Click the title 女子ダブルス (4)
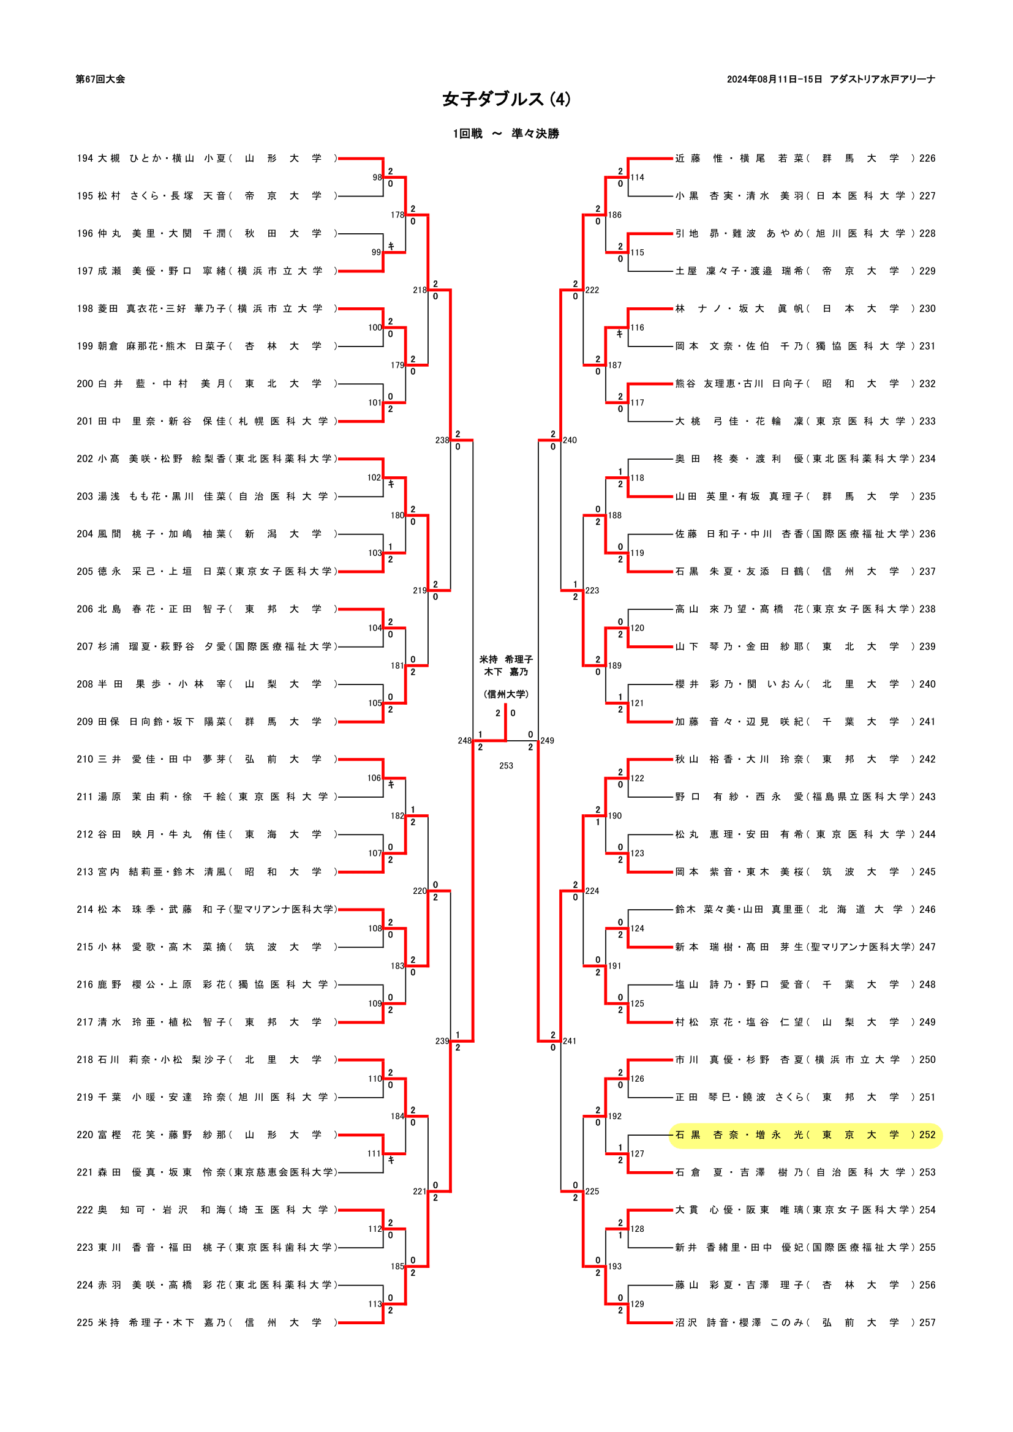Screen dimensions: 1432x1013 click(506, 100)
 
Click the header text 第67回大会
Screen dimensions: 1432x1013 click(100, 79)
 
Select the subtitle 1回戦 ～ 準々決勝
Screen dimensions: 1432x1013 click(506, 133)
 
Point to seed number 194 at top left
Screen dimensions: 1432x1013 click(85, 159)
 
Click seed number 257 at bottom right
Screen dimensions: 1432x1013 click(927, 1322)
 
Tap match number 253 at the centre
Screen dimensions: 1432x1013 click(506, 765)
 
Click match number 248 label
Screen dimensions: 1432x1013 click(464, 740)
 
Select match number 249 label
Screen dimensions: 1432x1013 click(547, 740)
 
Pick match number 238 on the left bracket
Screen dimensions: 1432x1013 click(442, 440)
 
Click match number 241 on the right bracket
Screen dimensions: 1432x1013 click(570, 1041)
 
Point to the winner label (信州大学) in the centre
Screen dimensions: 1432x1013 click(506, 694)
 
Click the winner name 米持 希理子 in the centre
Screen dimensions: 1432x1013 click(506, 659)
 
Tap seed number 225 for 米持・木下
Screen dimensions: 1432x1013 click(85, 1322)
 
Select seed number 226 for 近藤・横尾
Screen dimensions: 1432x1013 click(927, 159)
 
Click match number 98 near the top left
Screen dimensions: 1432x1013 click(377, 177)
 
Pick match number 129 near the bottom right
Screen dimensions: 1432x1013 click(637, 1303)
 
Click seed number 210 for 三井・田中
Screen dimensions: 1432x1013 click(85, 759)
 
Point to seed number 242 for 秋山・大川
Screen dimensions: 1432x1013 click(927, 759)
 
